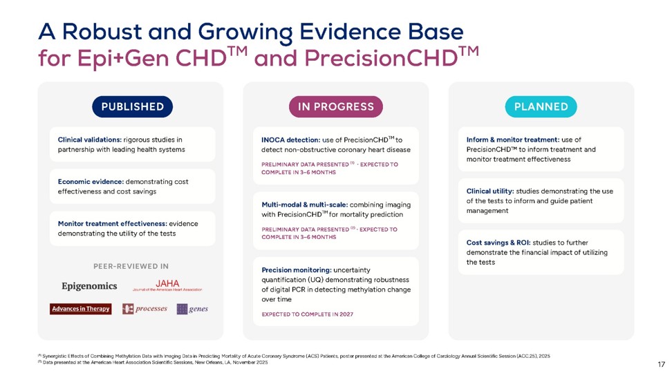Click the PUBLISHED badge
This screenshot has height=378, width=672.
133,106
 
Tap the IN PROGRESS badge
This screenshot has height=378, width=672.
335,106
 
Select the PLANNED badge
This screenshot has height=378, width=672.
541,106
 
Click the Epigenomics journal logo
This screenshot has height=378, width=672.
89,286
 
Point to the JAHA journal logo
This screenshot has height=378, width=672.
167,285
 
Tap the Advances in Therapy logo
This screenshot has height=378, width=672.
81,309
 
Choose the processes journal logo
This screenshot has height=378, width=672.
145,309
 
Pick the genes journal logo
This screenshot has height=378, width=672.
192,309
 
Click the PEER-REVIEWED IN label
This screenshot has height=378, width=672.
131,266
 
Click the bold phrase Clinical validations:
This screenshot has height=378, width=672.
90,140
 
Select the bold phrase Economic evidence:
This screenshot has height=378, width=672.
91,182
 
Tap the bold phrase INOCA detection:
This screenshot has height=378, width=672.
291,140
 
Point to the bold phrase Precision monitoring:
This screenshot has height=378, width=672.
297,270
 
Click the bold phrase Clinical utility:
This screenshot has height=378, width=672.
490,191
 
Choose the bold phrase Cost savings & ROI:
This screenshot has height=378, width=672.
498,243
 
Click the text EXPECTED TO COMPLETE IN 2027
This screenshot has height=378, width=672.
307,314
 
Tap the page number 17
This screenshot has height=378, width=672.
662,364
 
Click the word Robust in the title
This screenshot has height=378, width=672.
102,32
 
